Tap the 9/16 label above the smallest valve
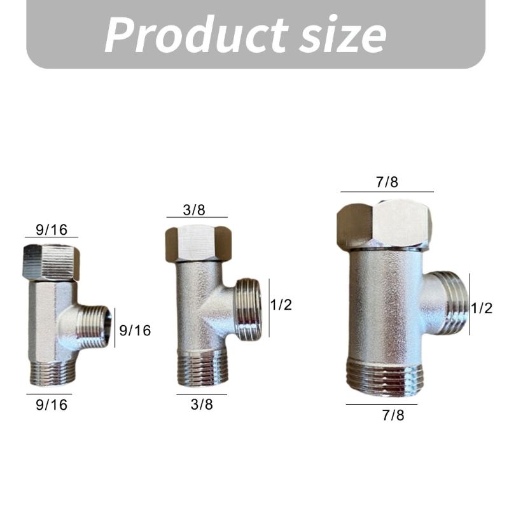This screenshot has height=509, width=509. point(51,230)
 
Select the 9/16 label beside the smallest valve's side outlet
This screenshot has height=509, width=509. point(136,330)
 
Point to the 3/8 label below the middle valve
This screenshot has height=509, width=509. point(201,404)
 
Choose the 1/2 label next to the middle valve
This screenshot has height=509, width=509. point(281,305)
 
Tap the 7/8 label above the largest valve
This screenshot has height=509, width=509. point(387,183)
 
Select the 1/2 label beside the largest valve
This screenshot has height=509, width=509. point(482,308)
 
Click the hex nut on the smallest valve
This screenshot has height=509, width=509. point(51,262)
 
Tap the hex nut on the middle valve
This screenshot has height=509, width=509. point(198,244)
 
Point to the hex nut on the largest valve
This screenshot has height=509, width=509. point(384,225)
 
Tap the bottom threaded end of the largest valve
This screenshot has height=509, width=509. point(384,376)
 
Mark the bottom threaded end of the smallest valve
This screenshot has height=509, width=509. point(53,373)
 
